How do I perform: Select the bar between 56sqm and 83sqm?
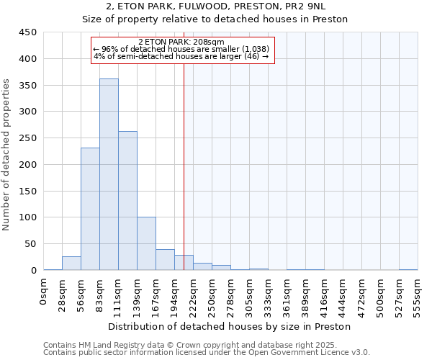pos(90,209)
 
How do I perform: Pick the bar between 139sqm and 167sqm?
pos(146,243)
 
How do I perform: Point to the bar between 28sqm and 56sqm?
pos(71,263)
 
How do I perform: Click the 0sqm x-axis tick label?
pos(44,291)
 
